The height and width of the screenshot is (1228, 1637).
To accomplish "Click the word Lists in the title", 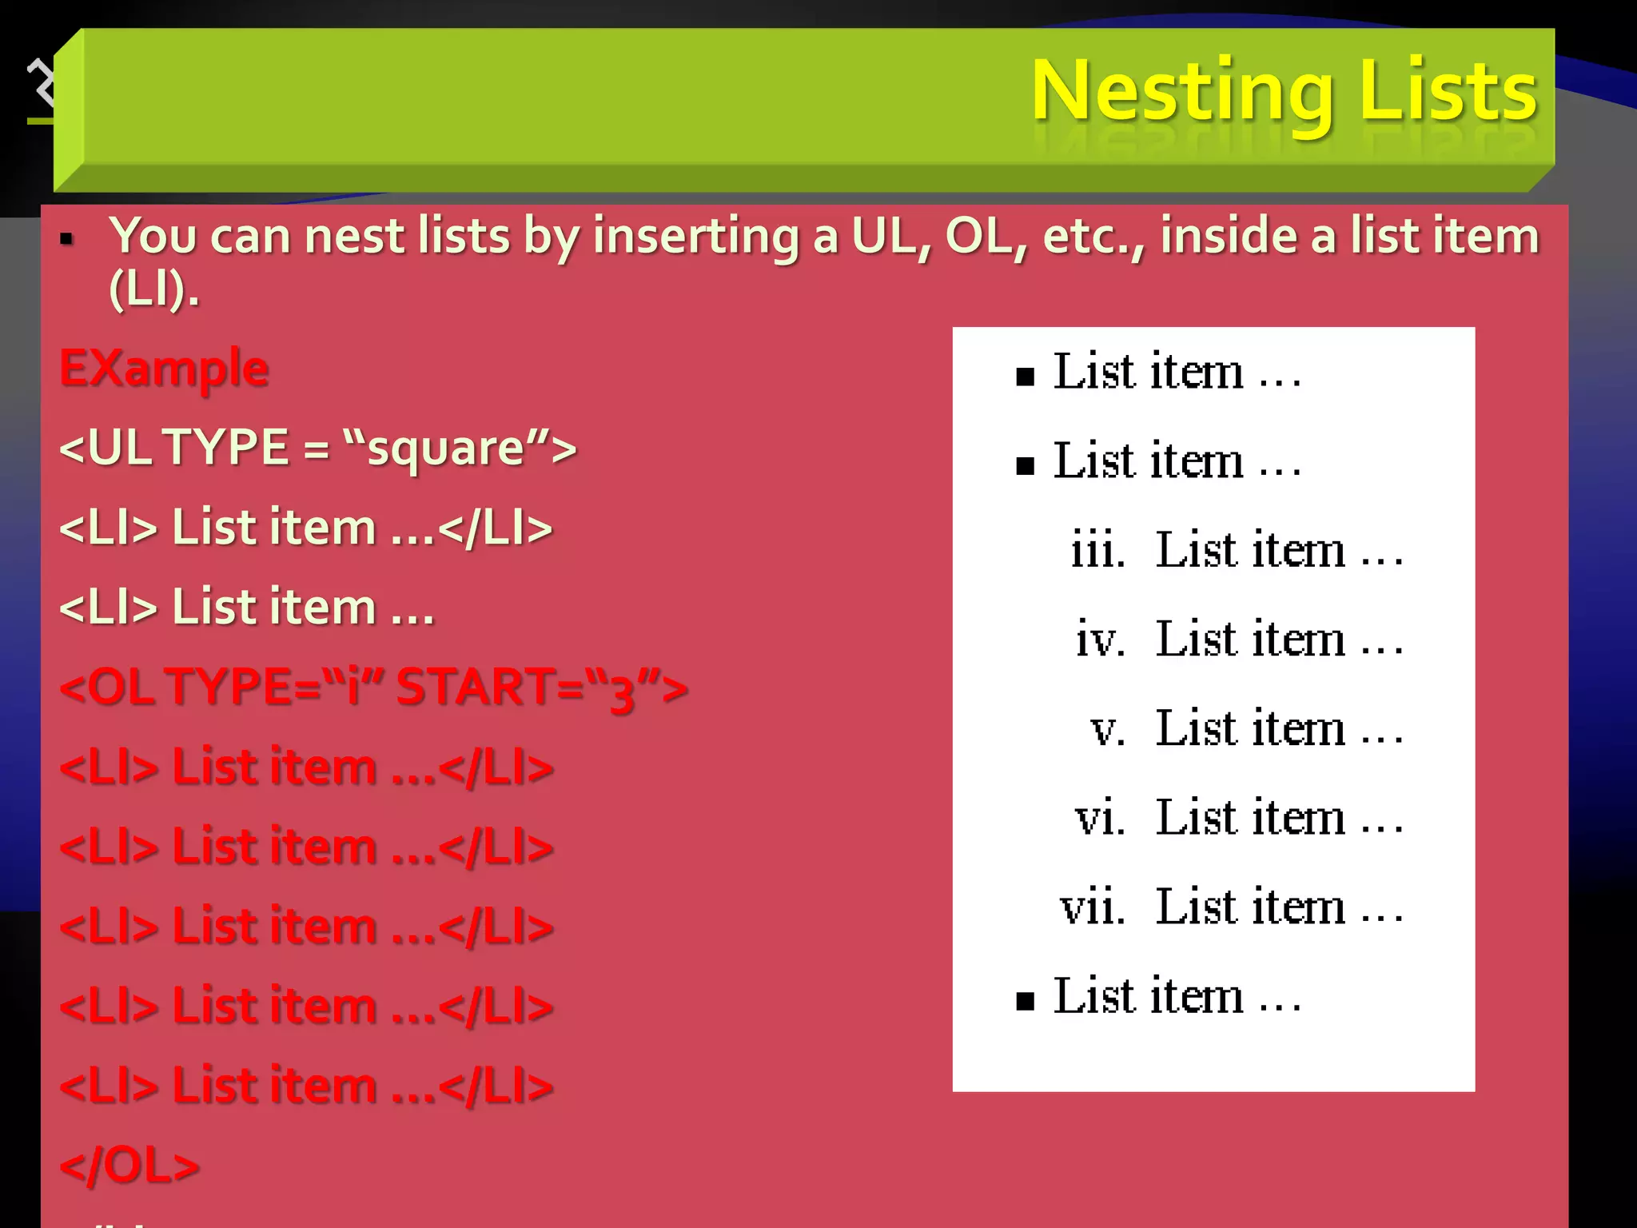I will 1448,90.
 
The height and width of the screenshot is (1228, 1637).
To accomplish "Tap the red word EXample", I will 164,369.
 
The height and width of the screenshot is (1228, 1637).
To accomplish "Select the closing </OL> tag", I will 129,1165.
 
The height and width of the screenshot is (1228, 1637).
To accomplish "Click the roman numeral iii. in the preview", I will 1098,550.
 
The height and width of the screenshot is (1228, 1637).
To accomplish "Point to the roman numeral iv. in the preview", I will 1100,640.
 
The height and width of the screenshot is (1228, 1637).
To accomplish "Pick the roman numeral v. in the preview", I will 1108,729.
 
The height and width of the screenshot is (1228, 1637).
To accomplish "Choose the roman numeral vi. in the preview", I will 1100,818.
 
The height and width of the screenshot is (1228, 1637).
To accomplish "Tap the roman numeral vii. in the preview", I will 1093,907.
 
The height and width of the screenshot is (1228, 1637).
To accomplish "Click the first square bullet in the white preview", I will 1025,377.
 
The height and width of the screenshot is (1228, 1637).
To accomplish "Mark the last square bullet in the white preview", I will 1025,1001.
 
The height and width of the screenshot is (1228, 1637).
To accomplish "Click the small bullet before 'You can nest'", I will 67,238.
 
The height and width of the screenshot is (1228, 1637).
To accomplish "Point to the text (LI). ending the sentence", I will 153,289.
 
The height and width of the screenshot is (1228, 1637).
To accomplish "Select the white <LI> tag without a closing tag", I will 109,608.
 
